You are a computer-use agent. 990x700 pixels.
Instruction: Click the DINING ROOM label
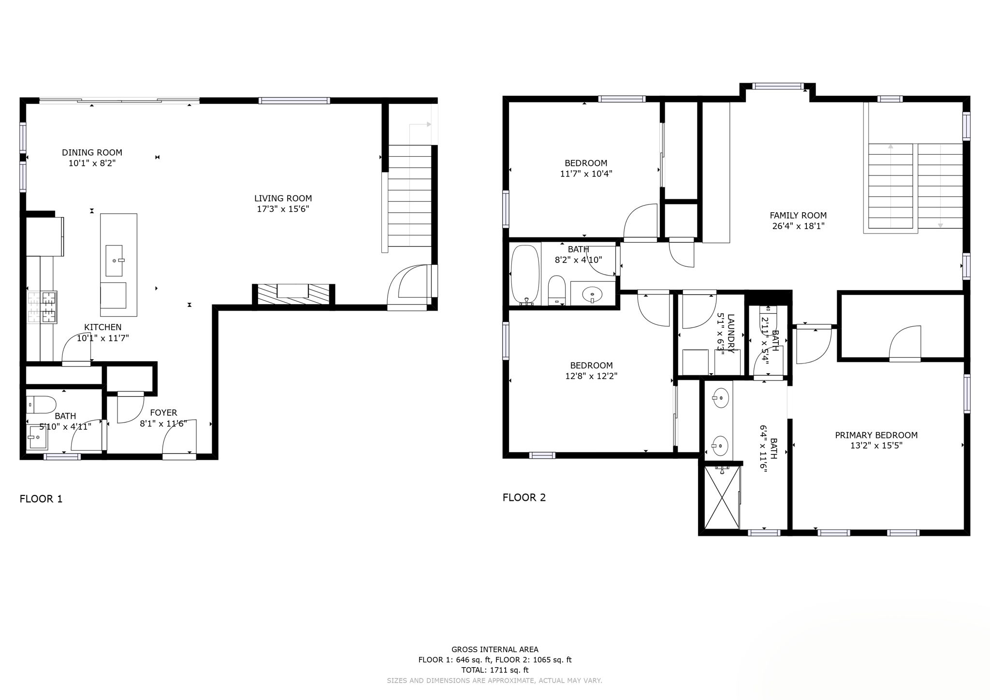92,152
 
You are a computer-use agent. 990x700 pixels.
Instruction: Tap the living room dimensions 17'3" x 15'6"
283,209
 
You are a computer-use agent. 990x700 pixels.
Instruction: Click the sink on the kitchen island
114,261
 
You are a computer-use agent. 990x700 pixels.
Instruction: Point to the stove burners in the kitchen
42,307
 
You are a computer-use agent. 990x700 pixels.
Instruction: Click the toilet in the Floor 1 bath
42,404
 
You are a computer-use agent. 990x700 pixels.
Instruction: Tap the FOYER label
163,412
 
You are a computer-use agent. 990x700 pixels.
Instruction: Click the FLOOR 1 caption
41,499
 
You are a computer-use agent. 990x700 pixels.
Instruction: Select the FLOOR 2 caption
524,497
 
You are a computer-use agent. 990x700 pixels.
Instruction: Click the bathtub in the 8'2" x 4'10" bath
525,275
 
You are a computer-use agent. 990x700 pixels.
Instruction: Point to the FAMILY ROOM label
798,215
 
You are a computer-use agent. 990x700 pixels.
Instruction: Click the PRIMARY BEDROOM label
876,435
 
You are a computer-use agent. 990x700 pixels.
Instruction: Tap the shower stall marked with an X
722,497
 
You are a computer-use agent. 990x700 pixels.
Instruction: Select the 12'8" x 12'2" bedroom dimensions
591,376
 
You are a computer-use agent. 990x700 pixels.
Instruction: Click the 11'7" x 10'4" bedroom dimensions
586,174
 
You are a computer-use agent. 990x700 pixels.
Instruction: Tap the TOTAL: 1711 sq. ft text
495,670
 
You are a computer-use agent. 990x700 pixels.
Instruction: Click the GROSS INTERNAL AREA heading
495,649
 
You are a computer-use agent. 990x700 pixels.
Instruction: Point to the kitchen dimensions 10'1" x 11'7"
102,338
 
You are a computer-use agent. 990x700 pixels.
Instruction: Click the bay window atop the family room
778,87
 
